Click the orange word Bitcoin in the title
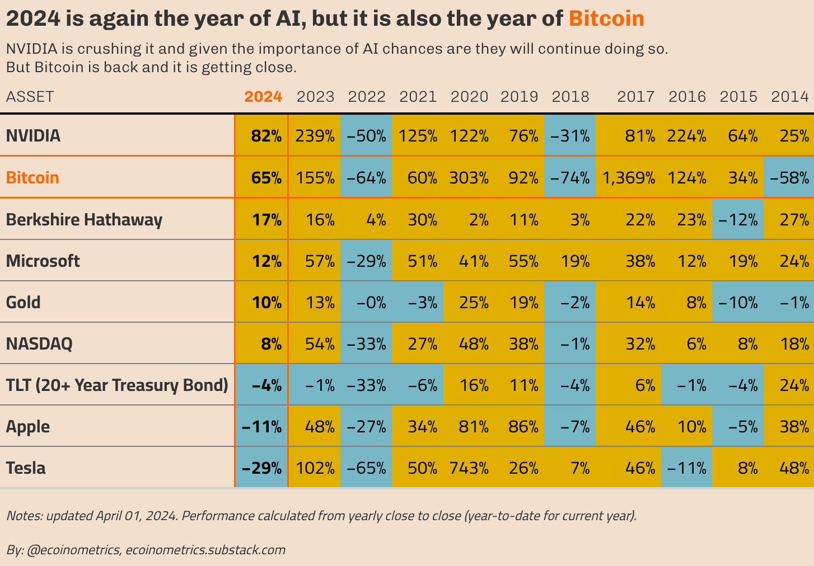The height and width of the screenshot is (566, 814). click(606, 19)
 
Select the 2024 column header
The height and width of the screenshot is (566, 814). click(263, 97)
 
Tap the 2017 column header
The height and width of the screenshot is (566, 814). click(635, 97)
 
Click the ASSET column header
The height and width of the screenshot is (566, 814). click(30, 97)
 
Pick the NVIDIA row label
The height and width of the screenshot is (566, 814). click(33, 136)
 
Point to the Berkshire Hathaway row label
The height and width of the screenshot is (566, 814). click(84, 219)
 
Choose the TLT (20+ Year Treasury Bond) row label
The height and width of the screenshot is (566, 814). click(117, 385)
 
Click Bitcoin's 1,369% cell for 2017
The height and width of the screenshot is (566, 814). click(628, 178)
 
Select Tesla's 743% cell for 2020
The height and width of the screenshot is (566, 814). click(469, 468)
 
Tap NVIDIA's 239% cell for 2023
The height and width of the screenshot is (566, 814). click(315, 136)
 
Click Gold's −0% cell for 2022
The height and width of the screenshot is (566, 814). click(366, 303)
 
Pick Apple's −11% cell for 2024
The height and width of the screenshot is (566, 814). click(261, 427)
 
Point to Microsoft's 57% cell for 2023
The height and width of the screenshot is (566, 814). click(320, 261)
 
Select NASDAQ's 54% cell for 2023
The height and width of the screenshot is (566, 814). click(320, 344)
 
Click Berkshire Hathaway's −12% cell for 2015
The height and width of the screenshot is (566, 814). click(738, 220)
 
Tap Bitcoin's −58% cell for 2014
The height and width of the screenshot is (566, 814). click(789, 178)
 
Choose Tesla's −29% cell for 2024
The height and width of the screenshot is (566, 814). click(261, 468)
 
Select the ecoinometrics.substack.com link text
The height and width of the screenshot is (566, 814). click(205, 550)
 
